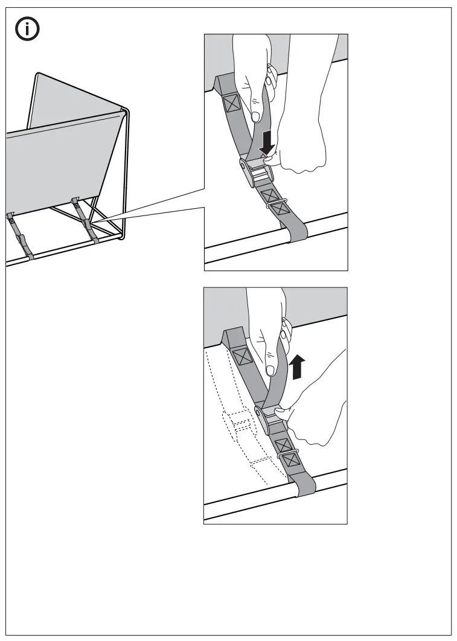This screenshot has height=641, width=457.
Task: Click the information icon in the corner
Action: coord(27,30)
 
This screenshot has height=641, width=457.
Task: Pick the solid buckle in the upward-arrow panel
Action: coord(269,416)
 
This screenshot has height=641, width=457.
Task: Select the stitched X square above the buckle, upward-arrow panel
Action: coord(243,357)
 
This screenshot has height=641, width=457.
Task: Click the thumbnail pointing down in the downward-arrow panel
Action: coord(256,115)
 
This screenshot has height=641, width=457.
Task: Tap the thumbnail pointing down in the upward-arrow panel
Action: coord(269,369)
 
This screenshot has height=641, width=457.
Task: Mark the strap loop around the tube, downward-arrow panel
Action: coord(297,232)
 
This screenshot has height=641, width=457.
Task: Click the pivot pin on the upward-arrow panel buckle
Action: coord(258,413)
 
